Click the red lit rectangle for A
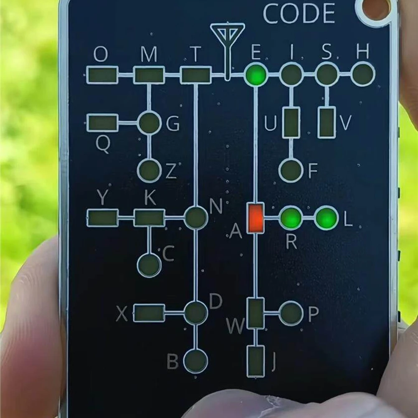pos(256,218)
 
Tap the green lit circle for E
pos(256,74)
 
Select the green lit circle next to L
pos(327,218)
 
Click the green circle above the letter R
pos(291,218)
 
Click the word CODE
pos(299,13)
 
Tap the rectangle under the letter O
pos(102,75)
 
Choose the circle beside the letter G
pos(149,123)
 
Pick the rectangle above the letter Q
pos(102,123)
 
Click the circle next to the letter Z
pos(149,170)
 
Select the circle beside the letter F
pos(291,170)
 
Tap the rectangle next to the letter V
pos(327,122)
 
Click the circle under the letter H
pos(363,74)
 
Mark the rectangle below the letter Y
pos(103,218)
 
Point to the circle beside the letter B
pos(196,361)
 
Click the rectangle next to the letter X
pos(149,313)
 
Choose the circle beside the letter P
pos(291,313)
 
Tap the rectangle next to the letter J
pos(256,361)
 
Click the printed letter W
pos(235,326)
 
